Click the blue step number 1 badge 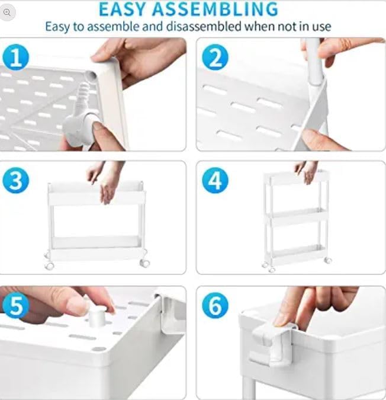(16, 58)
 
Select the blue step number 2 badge (215, 58)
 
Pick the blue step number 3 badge (16, 181)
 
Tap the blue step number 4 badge (215, 181)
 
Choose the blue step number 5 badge (16, 306)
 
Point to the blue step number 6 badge (215, 306)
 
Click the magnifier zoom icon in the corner (8, 12)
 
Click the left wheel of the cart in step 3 (50, 265)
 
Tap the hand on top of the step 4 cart (307, 171)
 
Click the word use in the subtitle (320, 27)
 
